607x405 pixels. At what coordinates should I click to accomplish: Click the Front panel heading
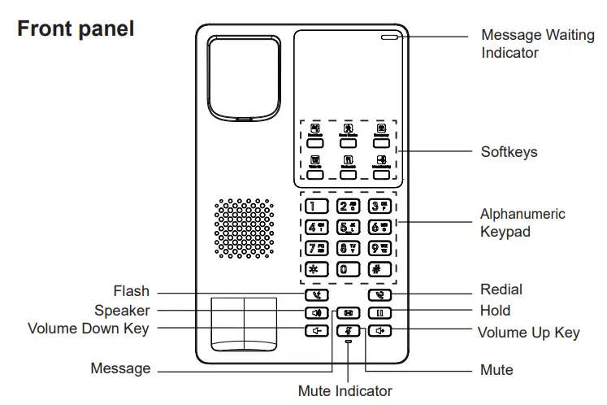(76, 29)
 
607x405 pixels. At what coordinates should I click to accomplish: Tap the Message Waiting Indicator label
(537, 44)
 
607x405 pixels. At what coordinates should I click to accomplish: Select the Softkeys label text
(509, 152)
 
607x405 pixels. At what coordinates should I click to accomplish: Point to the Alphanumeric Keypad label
(522, 223)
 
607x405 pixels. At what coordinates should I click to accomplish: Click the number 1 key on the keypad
(316, 206)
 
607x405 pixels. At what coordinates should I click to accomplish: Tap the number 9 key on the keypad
(379, 248)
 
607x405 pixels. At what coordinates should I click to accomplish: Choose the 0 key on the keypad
(348, 269)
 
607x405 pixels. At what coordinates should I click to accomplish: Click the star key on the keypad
(316, 269)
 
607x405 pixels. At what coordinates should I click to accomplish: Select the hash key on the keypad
(379, 269)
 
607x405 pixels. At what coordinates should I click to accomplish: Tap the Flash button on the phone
(316, 295)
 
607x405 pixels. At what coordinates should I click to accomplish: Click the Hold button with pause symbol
(379, 312)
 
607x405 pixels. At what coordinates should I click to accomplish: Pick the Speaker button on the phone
(316, 312)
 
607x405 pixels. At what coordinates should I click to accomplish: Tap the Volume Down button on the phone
(316, 330)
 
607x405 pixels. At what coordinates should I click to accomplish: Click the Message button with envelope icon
(348, 312)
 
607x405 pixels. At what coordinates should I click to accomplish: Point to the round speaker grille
(244, 228)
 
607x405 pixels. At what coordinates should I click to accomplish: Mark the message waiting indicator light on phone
(388, 37)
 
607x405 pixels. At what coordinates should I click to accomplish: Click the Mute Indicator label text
(345, 391)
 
